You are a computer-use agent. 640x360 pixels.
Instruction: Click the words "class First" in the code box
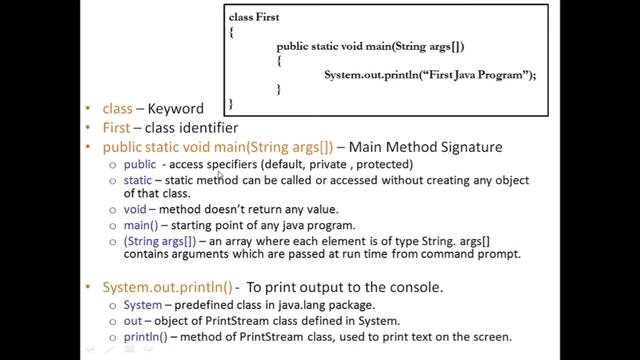point(254,18)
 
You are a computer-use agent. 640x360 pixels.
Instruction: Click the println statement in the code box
point(430,75)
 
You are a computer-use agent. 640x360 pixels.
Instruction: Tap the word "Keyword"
point(176,109)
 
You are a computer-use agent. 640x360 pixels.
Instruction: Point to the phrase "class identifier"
point(192,128)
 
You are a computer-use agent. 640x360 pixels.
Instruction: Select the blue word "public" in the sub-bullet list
point(139,164)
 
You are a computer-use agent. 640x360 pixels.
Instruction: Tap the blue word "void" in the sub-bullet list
point(134,209)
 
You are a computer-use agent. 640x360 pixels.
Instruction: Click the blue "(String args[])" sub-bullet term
point(159,241)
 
